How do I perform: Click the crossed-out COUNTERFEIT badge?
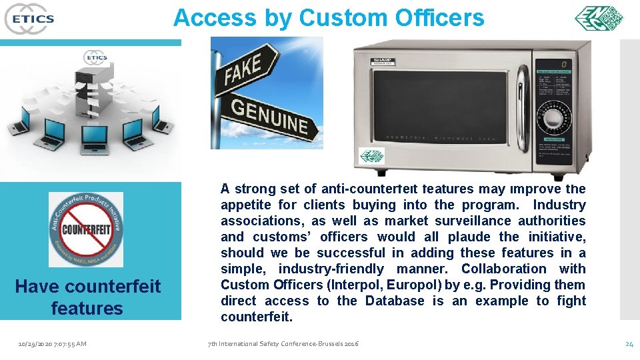[x=85, y=229]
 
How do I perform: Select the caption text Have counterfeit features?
[x=87, y=297]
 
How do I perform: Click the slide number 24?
[x=629, y=343]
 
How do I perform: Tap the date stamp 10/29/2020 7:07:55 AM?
[x=53, y=343]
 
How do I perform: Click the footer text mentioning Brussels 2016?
[x=283, y=343]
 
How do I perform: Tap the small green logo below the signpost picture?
[x=371, y=156]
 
